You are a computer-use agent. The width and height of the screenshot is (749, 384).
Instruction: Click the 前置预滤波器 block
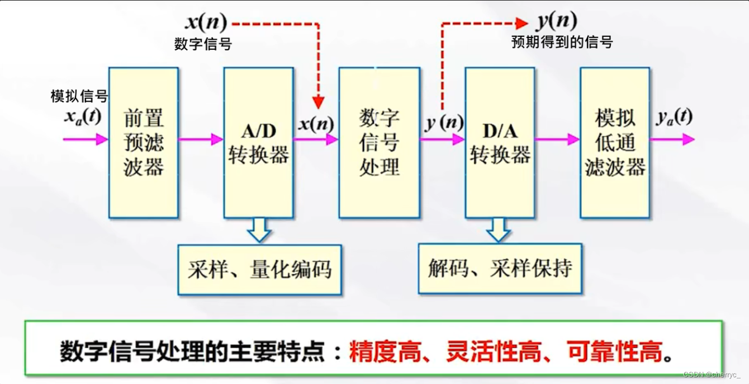[x=144, y=143]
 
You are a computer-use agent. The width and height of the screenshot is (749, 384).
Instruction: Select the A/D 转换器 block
[x=258, y=143]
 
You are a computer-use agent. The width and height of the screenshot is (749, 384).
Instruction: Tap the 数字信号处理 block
[x=379, y=143]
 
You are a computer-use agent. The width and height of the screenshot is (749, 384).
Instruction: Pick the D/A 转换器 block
[x=500, y=143]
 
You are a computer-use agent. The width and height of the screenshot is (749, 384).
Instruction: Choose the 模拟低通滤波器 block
[x=615, y=143]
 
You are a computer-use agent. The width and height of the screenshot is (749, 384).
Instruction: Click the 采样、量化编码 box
[x=259, y=269]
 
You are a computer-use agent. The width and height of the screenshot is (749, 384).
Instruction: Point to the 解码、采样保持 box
[x=500, y=269]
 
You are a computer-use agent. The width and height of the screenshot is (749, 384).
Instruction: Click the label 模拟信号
[x=79, y=96]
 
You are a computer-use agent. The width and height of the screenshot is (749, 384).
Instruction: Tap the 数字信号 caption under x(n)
[x=203, y=44]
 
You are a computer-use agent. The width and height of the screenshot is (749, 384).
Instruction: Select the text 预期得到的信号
[x=562, y=42]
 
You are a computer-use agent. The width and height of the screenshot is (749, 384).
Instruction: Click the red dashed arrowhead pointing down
[x=318, y=102]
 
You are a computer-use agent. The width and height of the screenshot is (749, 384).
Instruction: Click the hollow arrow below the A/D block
[x=259, y=229]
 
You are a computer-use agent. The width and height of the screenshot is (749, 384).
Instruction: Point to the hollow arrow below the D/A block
[x=498, y=229]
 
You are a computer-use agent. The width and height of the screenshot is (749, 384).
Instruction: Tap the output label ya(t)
[x=674, y=118]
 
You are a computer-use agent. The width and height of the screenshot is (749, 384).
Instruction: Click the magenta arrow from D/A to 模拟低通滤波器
[x=557, y=139]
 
